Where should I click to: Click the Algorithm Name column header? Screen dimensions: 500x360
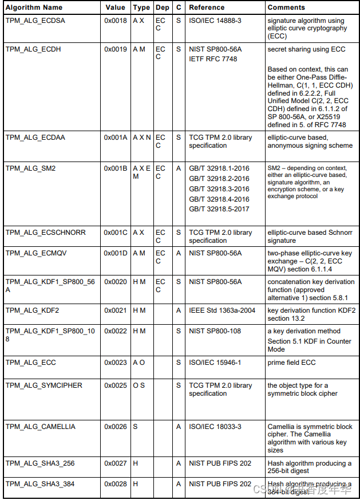point(34,7)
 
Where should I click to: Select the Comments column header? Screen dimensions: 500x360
point(286,7)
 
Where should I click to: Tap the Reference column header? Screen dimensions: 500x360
point(207,7)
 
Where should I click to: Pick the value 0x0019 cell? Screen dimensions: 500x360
point(116,49)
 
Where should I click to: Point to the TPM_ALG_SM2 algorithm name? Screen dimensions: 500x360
point(30,168)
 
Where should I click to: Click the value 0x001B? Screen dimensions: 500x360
point(116,168)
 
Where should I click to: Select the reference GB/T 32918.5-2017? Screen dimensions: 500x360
point(219,210)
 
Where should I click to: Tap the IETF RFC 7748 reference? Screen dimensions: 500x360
point(213,59)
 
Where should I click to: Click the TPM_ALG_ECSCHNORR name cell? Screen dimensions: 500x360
point(45,233)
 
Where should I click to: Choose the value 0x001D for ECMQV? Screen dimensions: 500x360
point(116,253)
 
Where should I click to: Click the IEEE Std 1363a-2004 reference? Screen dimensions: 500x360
point(222,310)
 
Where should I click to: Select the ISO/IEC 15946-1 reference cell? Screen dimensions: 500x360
point(215,363)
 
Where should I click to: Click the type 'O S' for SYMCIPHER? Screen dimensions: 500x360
point(139,385)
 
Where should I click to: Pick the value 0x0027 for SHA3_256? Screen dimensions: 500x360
point(116,463)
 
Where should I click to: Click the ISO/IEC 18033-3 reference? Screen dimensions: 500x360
point(215,427)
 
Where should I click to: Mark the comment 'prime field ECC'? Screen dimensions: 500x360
point(291,363)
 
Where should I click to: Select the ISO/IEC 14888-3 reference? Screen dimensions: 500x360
point(215,20)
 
